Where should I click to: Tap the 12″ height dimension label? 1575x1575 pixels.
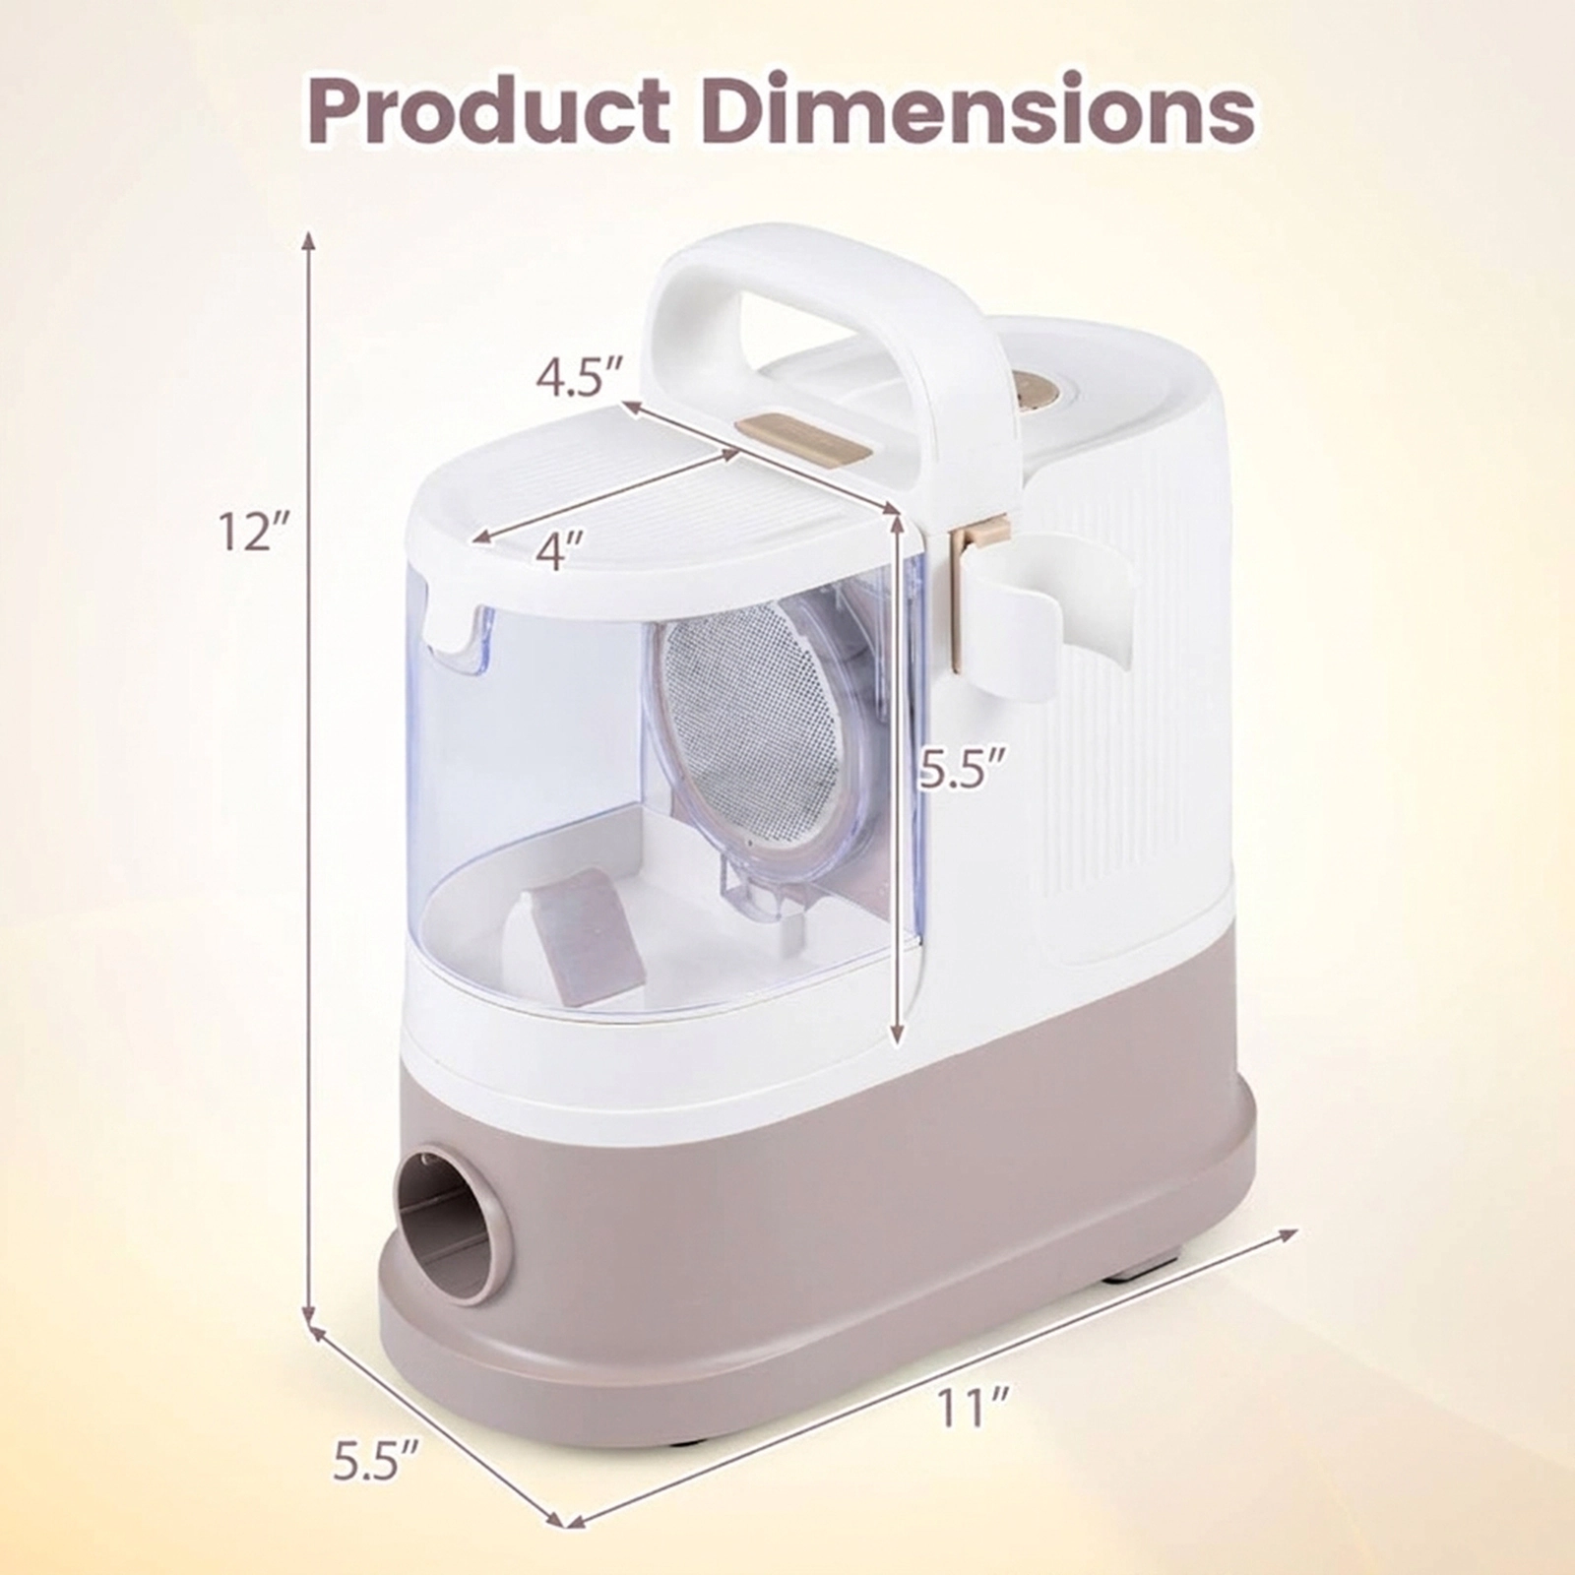(x=252, y=532)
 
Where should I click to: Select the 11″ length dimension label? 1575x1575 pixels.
(x=975, y=1409)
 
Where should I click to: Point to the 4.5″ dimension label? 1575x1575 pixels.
(x=581, y=379)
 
